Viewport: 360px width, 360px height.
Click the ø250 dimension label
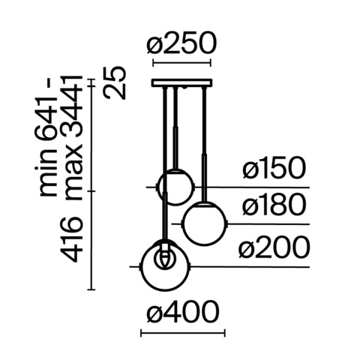click(x=181, y=46)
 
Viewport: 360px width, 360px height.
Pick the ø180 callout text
click(x=274, y=206)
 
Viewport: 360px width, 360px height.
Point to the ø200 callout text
click(x=274, y=247)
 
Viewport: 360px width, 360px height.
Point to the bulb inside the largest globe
click(x=163, y=257)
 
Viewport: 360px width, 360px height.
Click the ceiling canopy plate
click(x=182, y=82)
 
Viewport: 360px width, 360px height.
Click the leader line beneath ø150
click(x=255, y=186)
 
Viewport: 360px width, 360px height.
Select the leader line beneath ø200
click(x=255, y=265)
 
